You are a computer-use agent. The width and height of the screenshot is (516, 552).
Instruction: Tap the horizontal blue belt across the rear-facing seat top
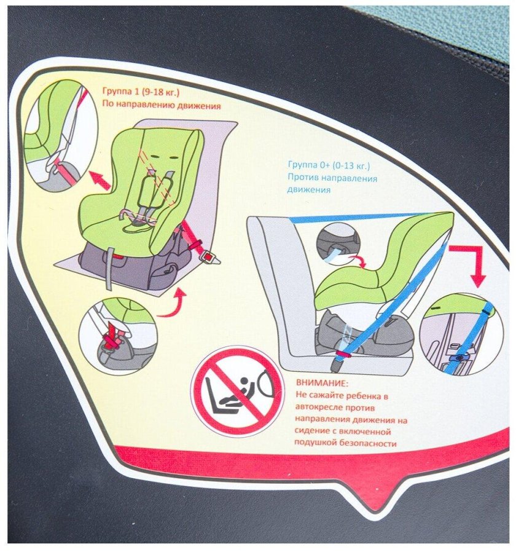(x=356, y=218)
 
